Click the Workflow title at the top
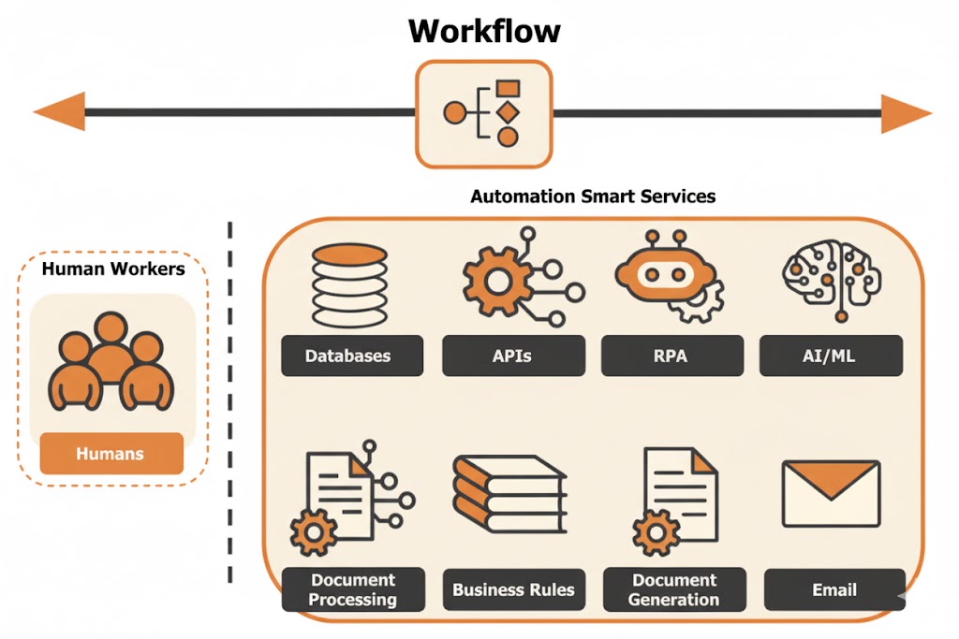tap(484, 30)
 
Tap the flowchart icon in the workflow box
tap(484, 113)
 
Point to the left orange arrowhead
tap(58, 113)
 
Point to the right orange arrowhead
tap(906, 113)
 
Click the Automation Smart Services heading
tap(592, 196)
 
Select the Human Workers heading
tap(113, 269)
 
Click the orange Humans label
tap(111, 454)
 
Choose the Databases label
tap(347, 356)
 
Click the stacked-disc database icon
tap(348, 284)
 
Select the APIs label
tap(512, 356)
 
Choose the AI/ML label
tap(832, 356)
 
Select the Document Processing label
tap(352, 589)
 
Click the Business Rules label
tap(513, 589)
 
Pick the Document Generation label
tap(674, 589)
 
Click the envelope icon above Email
tap(831, 494)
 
